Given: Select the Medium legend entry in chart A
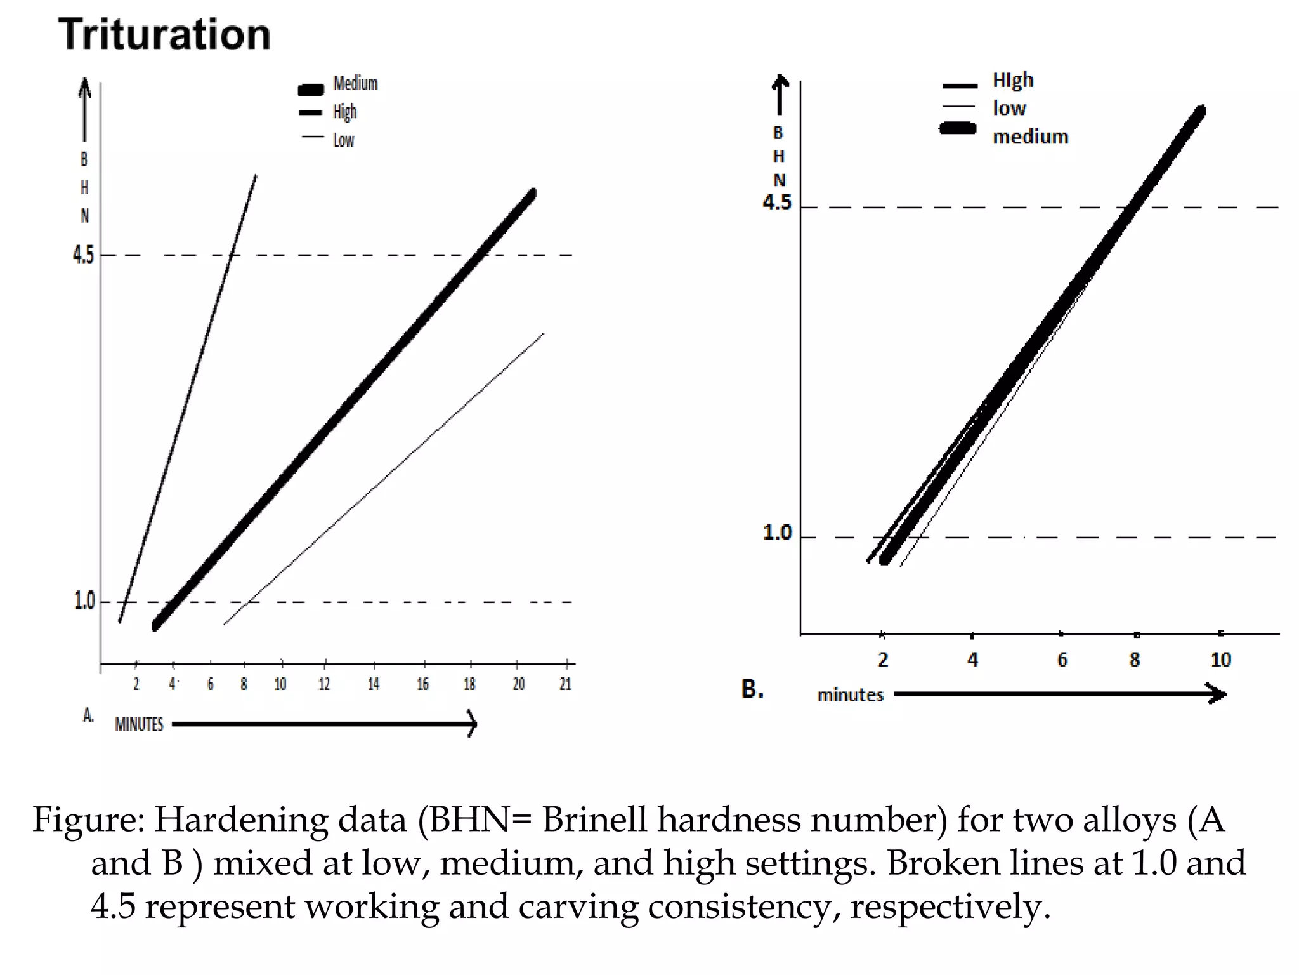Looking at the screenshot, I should pos(355,84).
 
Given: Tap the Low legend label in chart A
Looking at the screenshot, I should pos(344,140).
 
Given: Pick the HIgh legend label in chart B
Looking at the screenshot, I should pos(1013,81).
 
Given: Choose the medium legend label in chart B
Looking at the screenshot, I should pos(1030,136).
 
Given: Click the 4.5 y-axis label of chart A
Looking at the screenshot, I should pos(83,255).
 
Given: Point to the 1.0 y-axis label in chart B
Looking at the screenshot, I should pos(777,533).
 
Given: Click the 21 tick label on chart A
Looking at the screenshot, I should pos(565,684).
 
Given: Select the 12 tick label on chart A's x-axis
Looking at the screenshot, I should pos(324,684).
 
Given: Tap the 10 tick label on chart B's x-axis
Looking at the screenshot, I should pos(1220,660).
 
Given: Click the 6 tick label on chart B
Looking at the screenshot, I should pos(1062,660).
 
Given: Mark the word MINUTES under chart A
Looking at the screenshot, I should pos(139,724).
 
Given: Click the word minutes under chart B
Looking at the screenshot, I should pos(850,695).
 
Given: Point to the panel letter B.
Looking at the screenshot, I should pos(752,689).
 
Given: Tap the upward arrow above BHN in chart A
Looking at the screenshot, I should pos(84,108).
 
